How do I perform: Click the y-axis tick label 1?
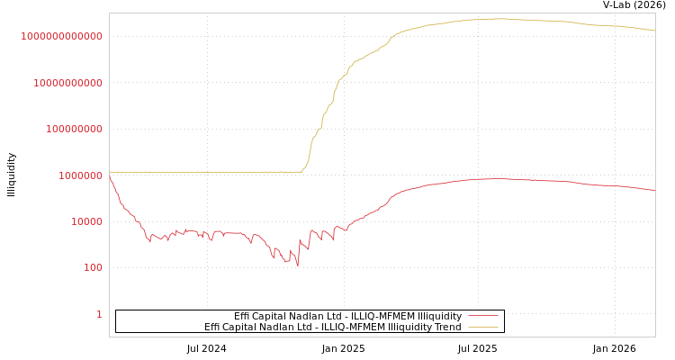(x=100, y=314)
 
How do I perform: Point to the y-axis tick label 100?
(x=94, y=268)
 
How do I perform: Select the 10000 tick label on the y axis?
(x=87, y=221)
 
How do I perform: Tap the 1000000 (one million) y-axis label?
(x=81, y=175)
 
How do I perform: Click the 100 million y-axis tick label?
(x=75, y=129)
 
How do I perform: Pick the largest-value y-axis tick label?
(x=62, y=36)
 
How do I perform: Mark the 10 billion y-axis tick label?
(x=68, y=83)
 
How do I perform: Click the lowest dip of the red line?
(x=298, y=266)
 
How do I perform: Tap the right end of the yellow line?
(x=654, y=31)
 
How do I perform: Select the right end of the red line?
(x=654, y=190)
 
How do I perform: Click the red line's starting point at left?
(x=110, y=175)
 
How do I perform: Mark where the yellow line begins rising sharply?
(x=301, y=171)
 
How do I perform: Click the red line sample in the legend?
(x=483, y=316)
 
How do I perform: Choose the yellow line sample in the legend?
(x=483, y=327)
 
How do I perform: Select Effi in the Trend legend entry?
(x=212, y=327)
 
